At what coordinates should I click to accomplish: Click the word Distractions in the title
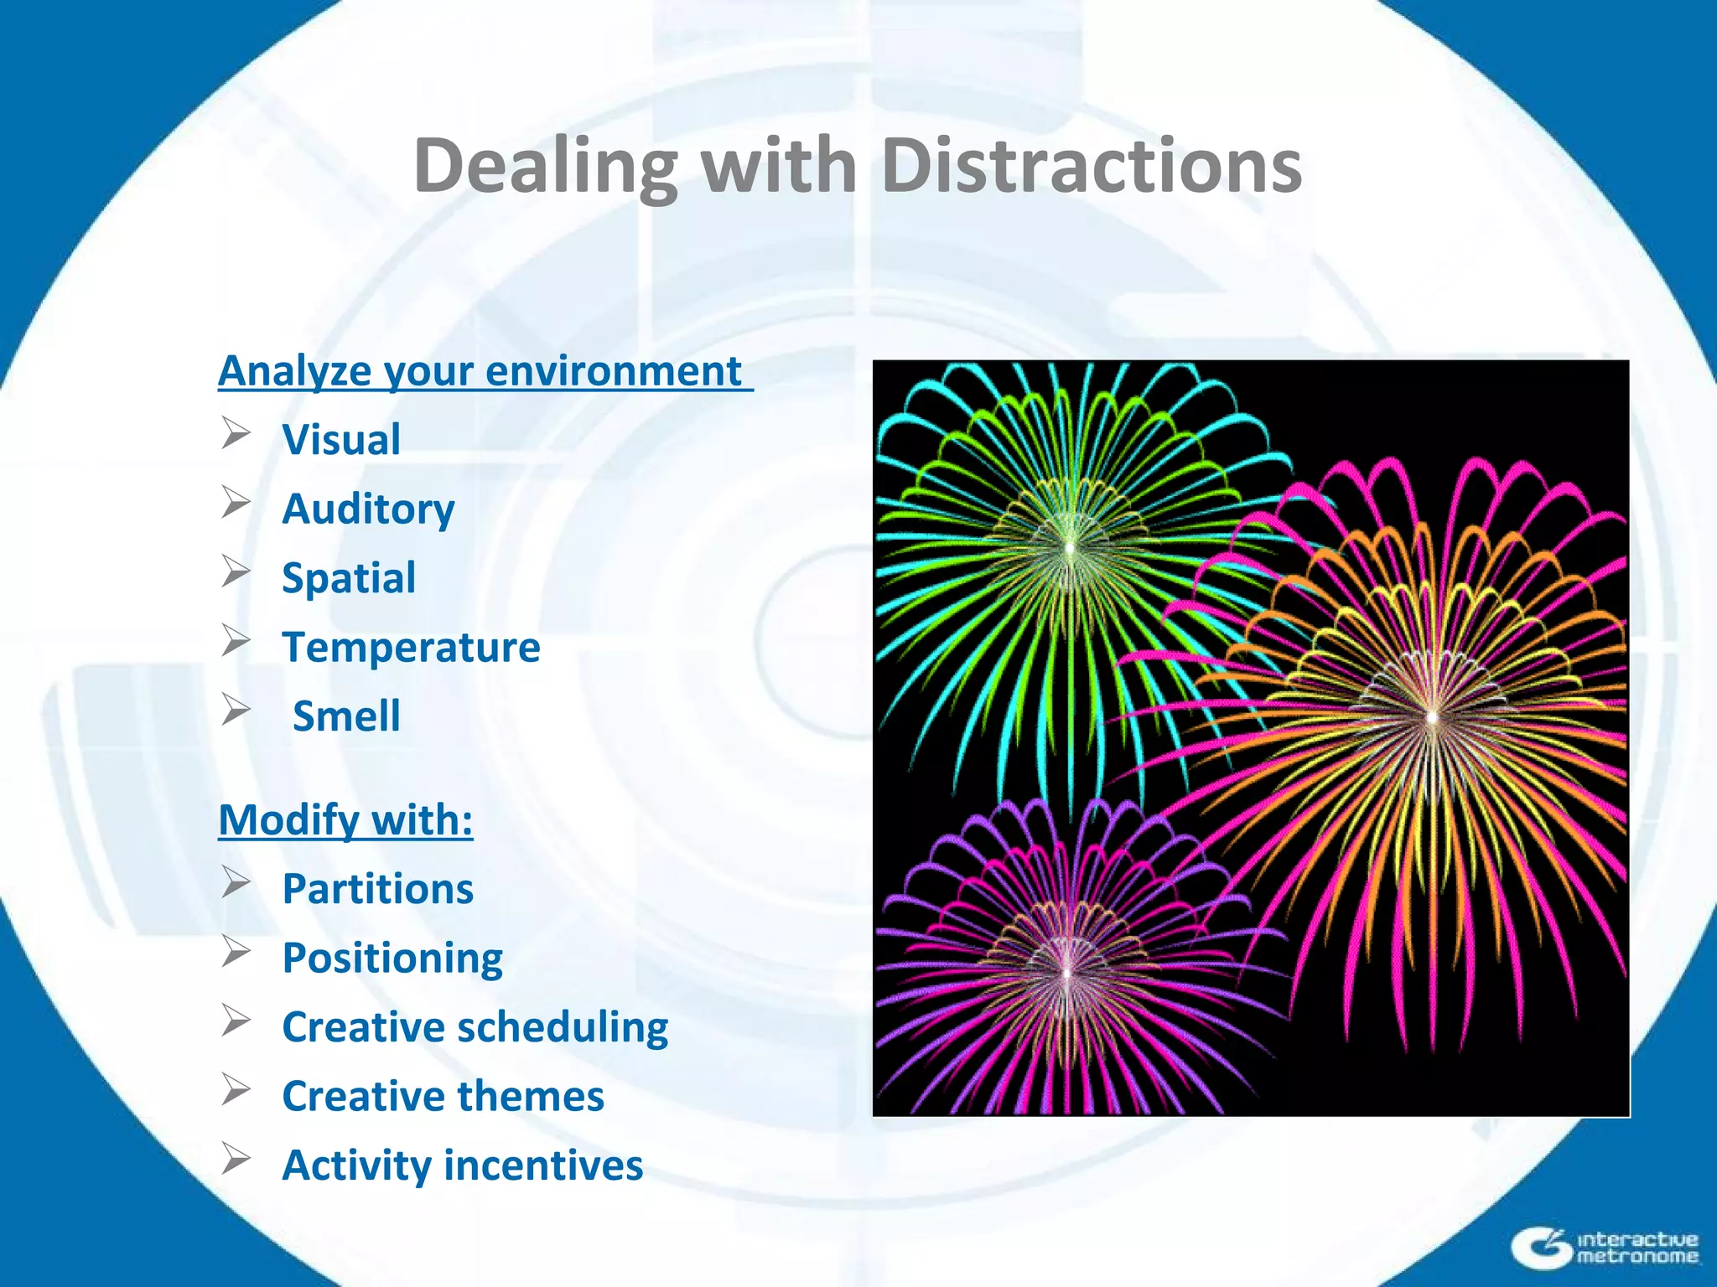pos(1092,166)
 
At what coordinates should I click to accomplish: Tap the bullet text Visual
pos(341,440)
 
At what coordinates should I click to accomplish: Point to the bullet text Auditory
pos(368,509)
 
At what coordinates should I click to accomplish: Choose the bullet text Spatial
pos(349,578)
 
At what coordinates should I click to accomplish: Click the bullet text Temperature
pos(411,648)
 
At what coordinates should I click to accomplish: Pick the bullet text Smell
pos(346,716)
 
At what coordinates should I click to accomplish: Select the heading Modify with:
pos(345,819)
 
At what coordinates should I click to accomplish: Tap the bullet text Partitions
pos(377,889)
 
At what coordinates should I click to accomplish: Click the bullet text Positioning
pos(392,958)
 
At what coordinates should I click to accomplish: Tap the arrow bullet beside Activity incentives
pos(236,1160)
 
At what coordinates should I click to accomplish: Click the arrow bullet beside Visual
pos(236,434)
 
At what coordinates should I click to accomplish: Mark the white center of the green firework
pos(1071,548)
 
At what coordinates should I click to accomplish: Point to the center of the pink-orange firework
pos(1432,717)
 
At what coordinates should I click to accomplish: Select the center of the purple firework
pos(1067,972)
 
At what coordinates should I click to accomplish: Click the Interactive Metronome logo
pos(1605,1247)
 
